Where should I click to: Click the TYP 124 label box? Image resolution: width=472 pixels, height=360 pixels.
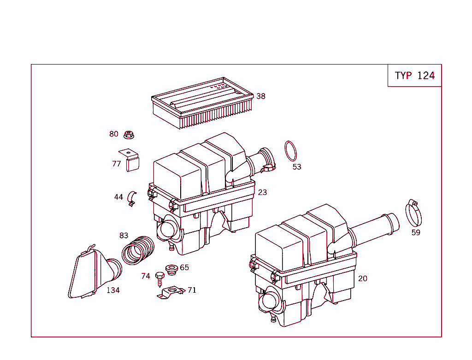[x=414, y=76]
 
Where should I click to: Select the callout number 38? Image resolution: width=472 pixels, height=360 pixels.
[x=261, y=96]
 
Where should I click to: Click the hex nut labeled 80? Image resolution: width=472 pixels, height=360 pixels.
[x=129, y=135]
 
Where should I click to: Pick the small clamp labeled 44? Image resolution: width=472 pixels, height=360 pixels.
[x=132, y=198]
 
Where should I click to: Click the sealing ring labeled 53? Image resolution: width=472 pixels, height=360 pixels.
[x=290, y=151]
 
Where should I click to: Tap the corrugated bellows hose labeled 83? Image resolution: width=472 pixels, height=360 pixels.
[x=138, y=251]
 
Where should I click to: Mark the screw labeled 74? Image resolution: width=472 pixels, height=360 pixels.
[x=160, y=278]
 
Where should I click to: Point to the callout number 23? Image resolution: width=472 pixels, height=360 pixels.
[x=262, y=192]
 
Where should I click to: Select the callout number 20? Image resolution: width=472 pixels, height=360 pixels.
[x=363, y=278]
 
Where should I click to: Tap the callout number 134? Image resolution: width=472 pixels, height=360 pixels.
[x=113, y=290]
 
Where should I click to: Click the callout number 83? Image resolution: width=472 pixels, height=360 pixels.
[x=124, y=236]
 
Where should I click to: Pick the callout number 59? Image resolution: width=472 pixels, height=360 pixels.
[x=416, y=233]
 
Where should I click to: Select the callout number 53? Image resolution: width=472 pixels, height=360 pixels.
[x=297, y=167]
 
